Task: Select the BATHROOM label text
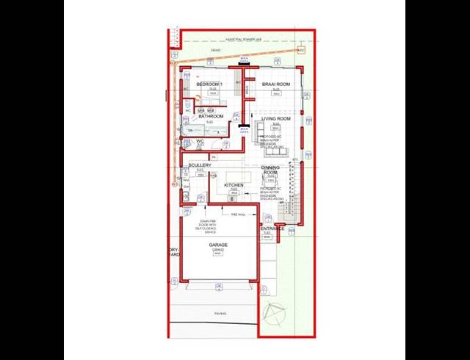pyautogui.click(x=211, y=116)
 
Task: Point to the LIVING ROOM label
pyautogui.click(x=277, y=118)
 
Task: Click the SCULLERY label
pyautogui.click(x=200, y=165)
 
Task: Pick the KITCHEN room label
pyautogui.click(x=234, y=184)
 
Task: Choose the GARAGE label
pyautogui.click(x=218, y=245)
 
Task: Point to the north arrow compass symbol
pyautogui.click(x=278, y=313)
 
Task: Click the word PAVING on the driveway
pyautogui.click(x=220, y=314)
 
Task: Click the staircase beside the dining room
pyautogui.click(x=292, y=192)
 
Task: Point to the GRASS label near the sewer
pyautogui.click(x=216, y=51)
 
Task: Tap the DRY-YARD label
pyautogui.click(x=173, y=252)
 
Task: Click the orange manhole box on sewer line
pyautogui.click(x=301, y=50)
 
